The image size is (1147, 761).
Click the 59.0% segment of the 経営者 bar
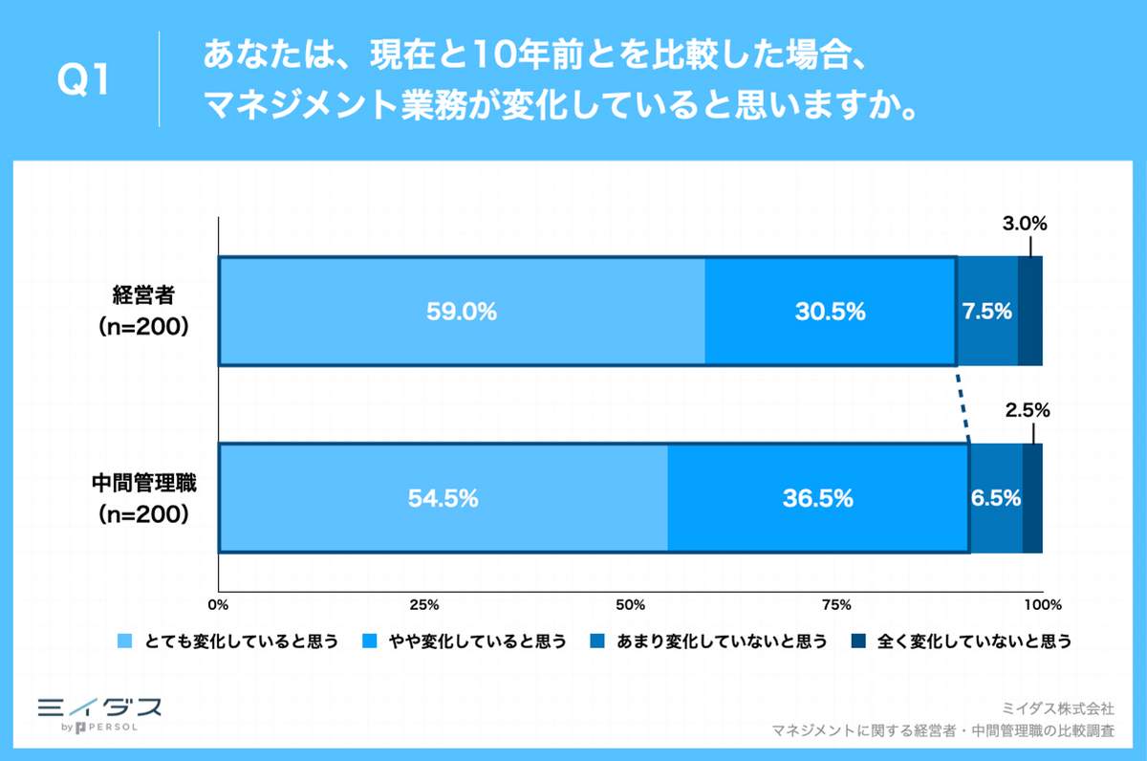point(462,311)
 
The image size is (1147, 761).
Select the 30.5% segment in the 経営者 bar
point(830,311)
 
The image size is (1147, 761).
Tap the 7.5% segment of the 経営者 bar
point(987,311)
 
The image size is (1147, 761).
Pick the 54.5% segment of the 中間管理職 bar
point(443,498)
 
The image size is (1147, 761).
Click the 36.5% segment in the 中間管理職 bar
point(817,498)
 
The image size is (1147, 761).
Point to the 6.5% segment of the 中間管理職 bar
point(996,498)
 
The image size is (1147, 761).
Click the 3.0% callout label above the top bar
point(1026,225)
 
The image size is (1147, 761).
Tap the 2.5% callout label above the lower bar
point(1028,411)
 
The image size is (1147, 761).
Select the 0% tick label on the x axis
point(219,605)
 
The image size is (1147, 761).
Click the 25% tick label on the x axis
point(423,605)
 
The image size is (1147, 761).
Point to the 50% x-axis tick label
point(630,605)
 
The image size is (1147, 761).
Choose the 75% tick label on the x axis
point(836,605)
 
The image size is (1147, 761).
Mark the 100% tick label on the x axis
point(1042,605)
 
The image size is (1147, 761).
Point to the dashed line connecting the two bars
point(963,403)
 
